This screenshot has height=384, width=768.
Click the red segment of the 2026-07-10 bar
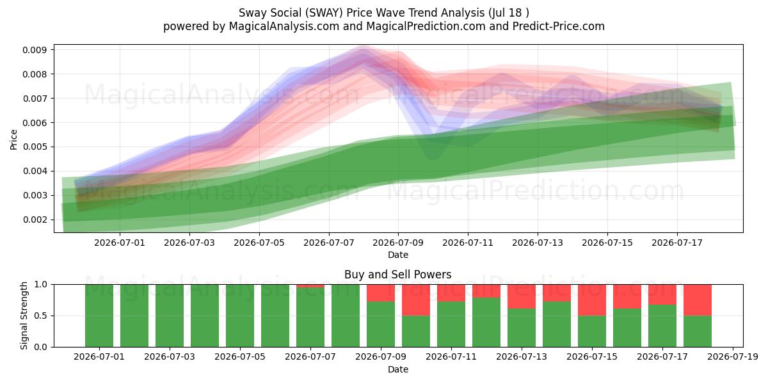coord(416,300)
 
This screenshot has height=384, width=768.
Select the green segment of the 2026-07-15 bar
coord(592,332)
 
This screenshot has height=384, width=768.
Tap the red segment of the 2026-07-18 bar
coord(698,300)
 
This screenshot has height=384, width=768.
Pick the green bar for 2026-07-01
coord(99,316)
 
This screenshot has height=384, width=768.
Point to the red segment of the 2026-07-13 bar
coord(522,296)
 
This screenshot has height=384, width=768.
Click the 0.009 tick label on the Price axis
coord(35,50)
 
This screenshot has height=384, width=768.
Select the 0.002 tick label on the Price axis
coord(35,220)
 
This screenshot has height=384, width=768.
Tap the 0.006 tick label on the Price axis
coord(35,123)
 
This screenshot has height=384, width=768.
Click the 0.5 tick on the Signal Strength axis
coord(41,316)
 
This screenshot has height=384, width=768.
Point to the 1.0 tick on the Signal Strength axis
coord(41,285)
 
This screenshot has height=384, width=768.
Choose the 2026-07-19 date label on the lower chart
coord(733,357)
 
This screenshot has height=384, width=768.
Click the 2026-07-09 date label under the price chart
coord(398,243)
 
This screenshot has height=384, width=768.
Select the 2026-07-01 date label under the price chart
coord(120,243)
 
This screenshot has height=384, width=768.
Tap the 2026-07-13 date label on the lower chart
coord(522,357)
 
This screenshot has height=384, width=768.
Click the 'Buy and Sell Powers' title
coord(397,275)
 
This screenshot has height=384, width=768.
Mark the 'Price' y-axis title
coord(13,140)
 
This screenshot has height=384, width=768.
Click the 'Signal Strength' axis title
coord(24,316)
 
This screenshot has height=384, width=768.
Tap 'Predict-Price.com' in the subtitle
coord(559,26)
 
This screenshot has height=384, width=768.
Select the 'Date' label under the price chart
coord(398,255)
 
